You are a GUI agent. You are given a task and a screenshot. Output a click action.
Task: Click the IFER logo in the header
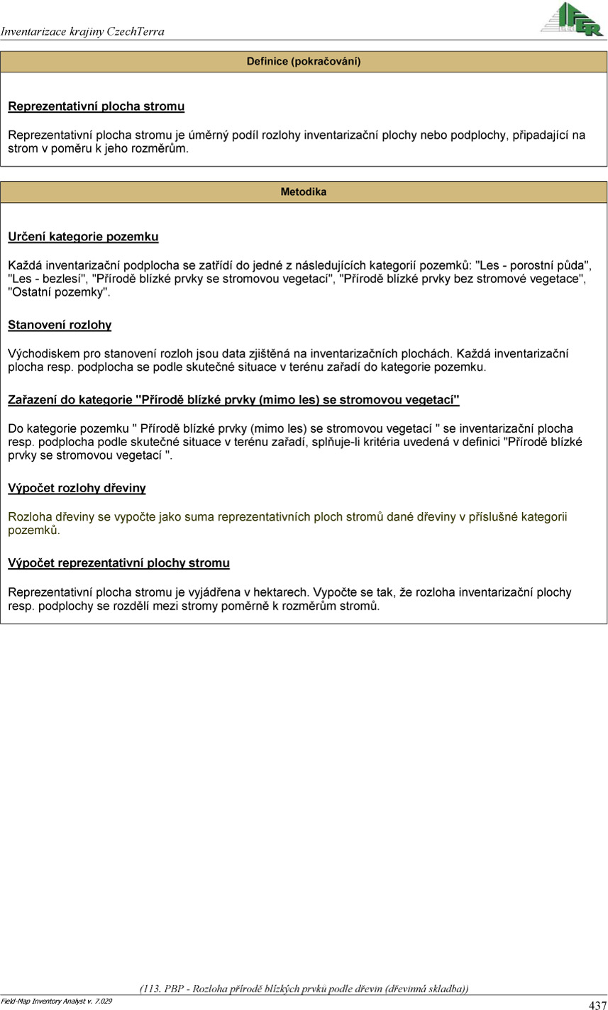[x=572, y=19]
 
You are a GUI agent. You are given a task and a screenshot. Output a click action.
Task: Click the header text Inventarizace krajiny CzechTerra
[x=82, y=31]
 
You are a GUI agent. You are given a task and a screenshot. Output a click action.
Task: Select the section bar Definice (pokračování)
[x=304, y=62]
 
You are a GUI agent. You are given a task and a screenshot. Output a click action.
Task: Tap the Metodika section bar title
[x=304, y=192]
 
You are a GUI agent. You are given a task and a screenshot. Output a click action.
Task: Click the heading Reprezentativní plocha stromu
[x=96, y=107]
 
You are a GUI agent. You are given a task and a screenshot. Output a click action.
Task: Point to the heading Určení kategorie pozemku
[x=83, y=237]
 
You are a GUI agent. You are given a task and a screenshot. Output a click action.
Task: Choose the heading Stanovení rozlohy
[x=60, y=326]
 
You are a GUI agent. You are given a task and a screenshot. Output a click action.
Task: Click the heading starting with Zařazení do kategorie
[x=233, y=400]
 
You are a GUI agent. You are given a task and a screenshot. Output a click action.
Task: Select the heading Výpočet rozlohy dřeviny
[x=77, y=489]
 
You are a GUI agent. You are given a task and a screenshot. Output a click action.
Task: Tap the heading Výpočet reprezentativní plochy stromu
[x=118, y=563]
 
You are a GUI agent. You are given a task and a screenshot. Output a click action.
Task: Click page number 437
[x=597, y=1004]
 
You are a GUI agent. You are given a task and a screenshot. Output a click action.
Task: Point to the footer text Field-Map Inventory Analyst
[x=56, y=1001]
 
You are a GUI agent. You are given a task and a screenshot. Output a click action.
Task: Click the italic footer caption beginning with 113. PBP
[x=304, y=989]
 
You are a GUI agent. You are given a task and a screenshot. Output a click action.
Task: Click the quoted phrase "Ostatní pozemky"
[x=59, y=292]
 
